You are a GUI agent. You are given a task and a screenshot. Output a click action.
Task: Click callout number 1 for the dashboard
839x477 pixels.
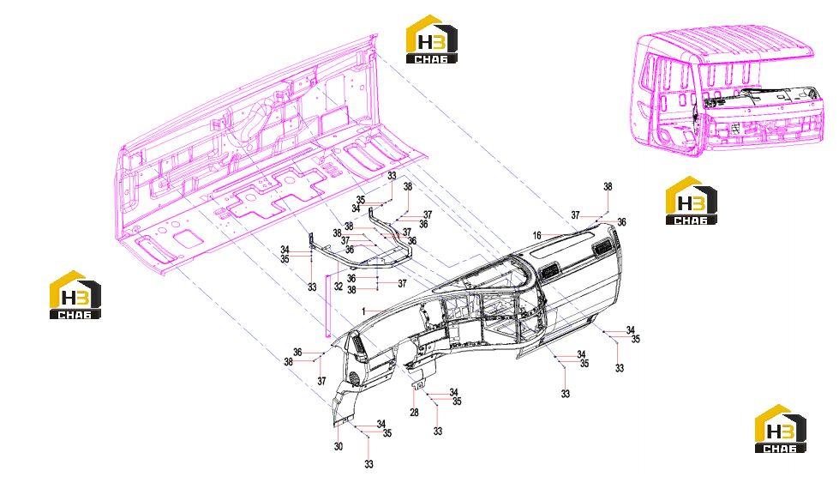click(x=363, y=311)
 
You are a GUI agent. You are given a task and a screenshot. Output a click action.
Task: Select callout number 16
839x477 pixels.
click(x=537, y=236)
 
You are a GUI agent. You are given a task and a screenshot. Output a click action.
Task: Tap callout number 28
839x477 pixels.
click(x=414, y=412)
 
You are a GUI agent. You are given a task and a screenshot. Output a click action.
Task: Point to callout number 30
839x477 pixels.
click(x=339, y=446)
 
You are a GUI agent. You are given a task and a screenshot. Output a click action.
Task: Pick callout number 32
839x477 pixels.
click(x=339, y=287)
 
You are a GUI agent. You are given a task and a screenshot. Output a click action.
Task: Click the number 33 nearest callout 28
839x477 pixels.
click(x=438, y=431)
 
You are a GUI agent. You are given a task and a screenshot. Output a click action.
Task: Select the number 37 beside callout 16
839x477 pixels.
click(x=575, y=215)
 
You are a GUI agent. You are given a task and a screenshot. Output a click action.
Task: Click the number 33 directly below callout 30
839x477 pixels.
click(x=369, y=464)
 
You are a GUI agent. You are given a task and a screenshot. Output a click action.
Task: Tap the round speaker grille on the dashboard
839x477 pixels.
click(x=354, y=378)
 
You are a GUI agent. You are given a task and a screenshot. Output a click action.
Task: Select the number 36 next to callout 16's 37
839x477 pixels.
click(x=621, y=222)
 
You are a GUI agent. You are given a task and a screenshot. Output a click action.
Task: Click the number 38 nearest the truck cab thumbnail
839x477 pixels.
click(x=608, y=187)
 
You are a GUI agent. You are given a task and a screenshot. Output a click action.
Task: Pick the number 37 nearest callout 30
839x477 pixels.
click(x=321, y=381)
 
